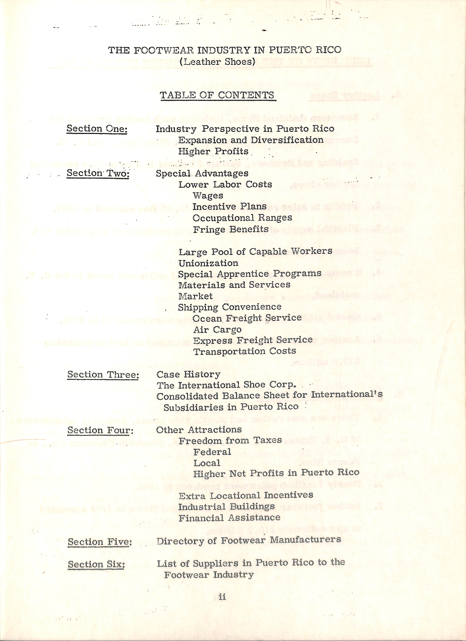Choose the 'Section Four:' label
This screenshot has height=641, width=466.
tap(100, 430)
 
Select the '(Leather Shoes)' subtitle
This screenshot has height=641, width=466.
tap(217, 62)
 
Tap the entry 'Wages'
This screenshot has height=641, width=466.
tap(208, 196)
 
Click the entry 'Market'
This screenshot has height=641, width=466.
tap(195, 296)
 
